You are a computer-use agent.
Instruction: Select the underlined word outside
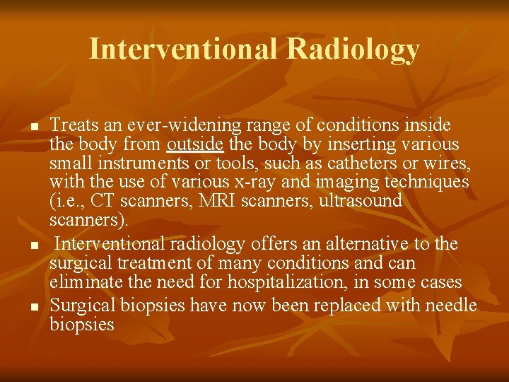(195, 145)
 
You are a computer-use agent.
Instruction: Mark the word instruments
(136, 163)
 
